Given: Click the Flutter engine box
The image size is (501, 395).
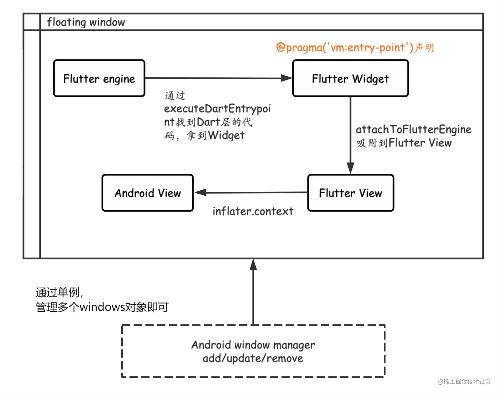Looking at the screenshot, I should pos(99,78).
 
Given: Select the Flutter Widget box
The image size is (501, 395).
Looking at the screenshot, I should pos(350,78).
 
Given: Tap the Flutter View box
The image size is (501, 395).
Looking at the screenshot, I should pos(351,193).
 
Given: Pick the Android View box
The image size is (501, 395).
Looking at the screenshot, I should pos(147,193).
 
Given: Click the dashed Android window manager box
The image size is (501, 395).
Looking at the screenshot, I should pos(253,351).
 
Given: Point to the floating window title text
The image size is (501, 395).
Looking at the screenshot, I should pos(86,22).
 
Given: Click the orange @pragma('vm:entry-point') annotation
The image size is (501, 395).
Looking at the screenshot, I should pos(345,47).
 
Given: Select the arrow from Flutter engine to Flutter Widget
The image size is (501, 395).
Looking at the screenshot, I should pos(219,78).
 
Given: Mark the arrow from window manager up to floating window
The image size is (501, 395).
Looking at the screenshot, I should pos(253,292).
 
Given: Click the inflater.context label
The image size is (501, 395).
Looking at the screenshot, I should pos(253,211).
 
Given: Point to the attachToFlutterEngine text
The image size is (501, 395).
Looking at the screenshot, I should pos(414,129).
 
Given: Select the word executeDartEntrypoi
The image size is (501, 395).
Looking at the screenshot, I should pos(217,109).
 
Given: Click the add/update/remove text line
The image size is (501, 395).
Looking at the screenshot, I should pos(253,359).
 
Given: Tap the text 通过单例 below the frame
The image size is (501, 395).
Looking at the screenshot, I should pos(58,292).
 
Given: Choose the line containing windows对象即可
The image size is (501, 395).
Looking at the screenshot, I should pos(102,307).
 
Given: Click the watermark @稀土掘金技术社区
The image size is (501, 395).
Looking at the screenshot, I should pos(464,381).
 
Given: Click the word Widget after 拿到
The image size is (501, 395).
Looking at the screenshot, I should pos(226,135).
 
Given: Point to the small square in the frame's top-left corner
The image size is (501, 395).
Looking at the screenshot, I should pos(32,22).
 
